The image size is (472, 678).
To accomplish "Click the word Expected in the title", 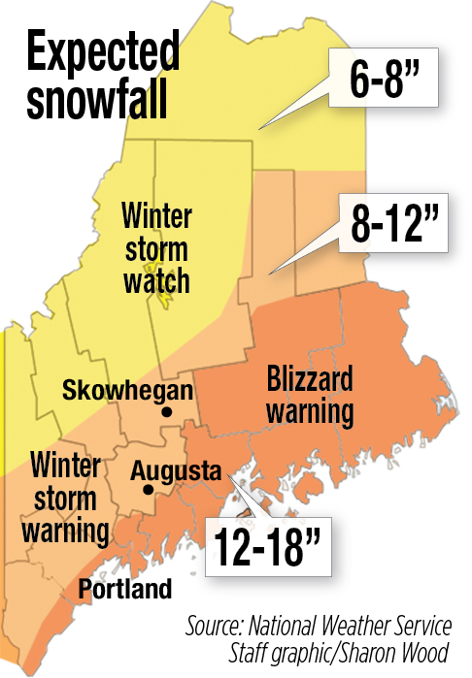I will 102,55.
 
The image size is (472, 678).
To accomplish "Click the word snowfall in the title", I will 95,101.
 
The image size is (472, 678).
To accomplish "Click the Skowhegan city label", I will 127,391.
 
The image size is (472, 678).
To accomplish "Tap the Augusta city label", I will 177,471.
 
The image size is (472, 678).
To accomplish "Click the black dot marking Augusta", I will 148,490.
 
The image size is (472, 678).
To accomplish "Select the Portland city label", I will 125,589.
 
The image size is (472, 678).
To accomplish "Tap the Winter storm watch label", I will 156,247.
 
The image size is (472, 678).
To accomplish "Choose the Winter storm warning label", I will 68,498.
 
